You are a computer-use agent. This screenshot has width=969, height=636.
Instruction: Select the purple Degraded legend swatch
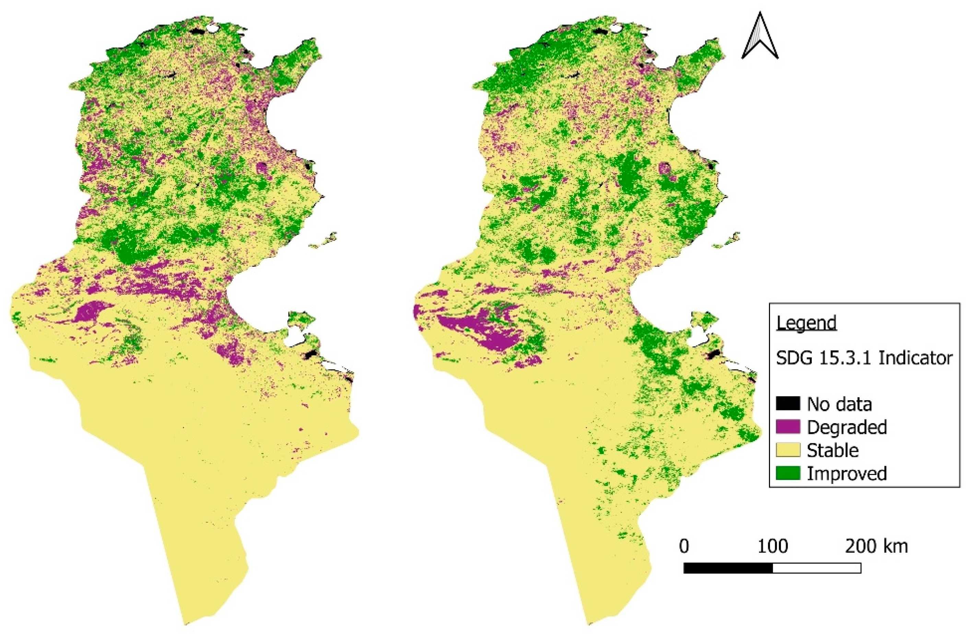[788, 427]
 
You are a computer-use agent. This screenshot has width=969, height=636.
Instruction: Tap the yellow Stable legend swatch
[788, 450]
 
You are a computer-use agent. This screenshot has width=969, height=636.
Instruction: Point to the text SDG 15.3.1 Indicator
[864, 358]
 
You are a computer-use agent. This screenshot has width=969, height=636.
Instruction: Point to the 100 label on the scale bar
[772, 546]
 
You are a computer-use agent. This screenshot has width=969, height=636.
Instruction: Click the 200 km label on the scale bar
[876, 546]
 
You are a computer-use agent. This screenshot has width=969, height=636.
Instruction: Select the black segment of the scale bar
[728, 568]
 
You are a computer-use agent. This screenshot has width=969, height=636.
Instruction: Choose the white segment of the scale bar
[816, 568]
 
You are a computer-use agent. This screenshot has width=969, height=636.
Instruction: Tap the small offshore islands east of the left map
[324, 241]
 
